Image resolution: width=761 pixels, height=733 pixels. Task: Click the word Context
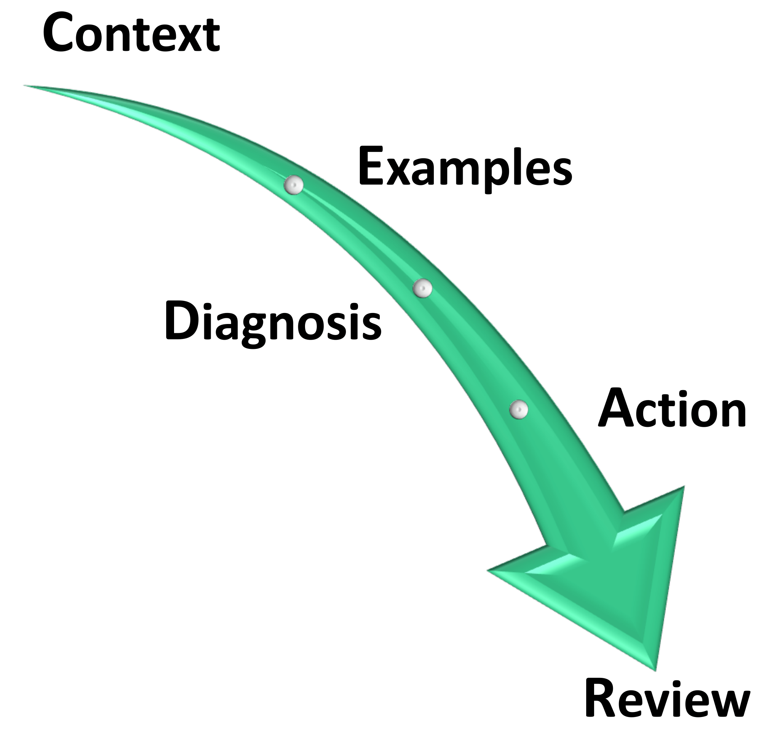(131, 33)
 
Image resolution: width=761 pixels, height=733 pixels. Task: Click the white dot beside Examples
(294, 185)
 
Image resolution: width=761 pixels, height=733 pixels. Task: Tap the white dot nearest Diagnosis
(423, 288)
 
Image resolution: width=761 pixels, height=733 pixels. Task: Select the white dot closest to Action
(519, 409)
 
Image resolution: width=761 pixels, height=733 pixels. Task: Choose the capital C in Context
(59, 33)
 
